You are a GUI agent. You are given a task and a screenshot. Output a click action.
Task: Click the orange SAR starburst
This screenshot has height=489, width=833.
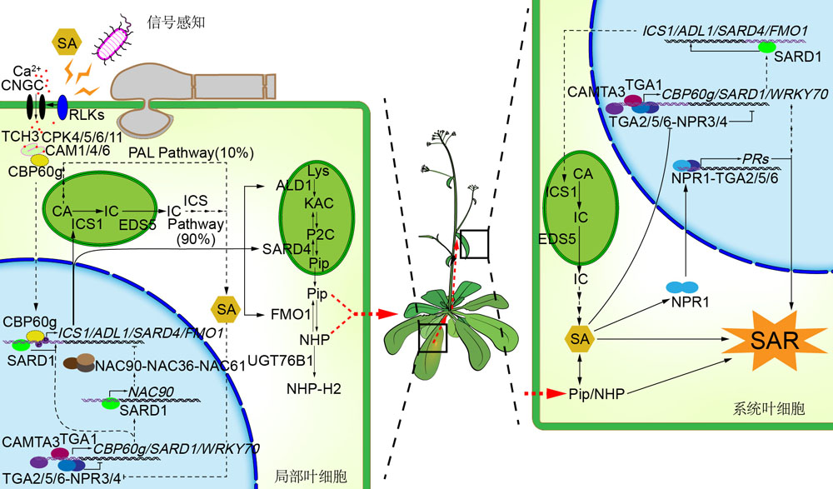[x=775, y=340]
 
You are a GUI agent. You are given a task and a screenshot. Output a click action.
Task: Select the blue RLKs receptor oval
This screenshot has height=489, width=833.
[x=62, y=107]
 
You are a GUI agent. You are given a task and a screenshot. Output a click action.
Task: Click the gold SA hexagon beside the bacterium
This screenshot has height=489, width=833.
[x=67, y=42]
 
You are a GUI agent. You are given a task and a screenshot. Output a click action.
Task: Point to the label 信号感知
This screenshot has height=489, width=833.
[x=175, y=22]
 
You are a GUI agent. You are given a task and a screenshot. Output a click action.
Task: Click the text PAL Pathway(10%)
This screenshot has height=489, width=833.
[x=192, y=152]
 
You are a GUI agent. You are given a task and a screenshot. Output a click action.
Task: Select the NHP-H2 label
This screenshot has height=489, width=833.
[x=313, y=388]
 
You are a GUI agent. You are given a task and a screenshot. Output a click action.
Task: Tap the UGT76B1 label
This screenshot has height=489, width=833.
[x=280, y=361]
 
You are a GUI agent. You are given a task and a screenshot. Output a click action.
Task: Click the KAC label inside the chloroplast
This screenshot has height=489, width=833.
[x=319, y=203]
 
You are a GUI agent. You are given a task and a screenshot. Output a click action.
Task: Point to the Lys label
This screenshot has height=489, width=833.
[x=318, y=171]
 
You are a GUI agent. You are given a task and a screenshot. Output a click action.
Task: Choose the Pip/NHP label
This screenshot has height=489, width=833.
[x=596, y=394]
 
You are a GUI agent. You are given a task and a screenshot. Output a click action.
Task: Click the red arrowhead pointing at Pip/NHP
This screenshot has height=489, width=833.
[x=556, y=393]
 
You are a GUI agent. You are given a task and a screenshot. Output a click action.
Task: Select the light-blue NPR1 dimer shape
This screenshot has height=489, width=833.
[x=682, y=287]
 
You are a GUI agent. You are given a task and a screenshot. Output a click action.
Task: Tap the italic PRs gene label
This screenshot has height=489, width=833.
[x=756, y=158]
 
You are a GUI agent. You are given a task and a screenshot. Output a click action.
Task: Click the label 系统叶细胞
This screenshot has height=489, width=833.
[x=769, y=408]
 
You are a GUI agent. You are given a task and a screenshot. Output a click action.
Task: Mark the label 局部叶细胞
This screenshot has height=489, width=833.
[x=310, y=476]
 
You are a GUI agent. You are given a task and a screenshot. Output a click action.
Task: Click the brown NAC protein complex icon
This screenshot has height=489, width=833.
[x=78, y=362]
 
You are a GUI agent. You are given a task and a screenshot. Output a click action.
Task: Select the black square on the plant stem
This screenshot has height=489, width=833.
[x=474, y=244]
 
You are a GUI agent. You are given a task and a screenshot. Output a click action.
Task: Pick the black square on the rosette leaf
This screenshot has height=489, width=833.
[x=432, y=337]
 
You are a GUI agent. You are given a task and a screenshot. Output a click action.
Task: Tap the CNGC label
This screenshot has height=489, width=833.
[x=22, y=85]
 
